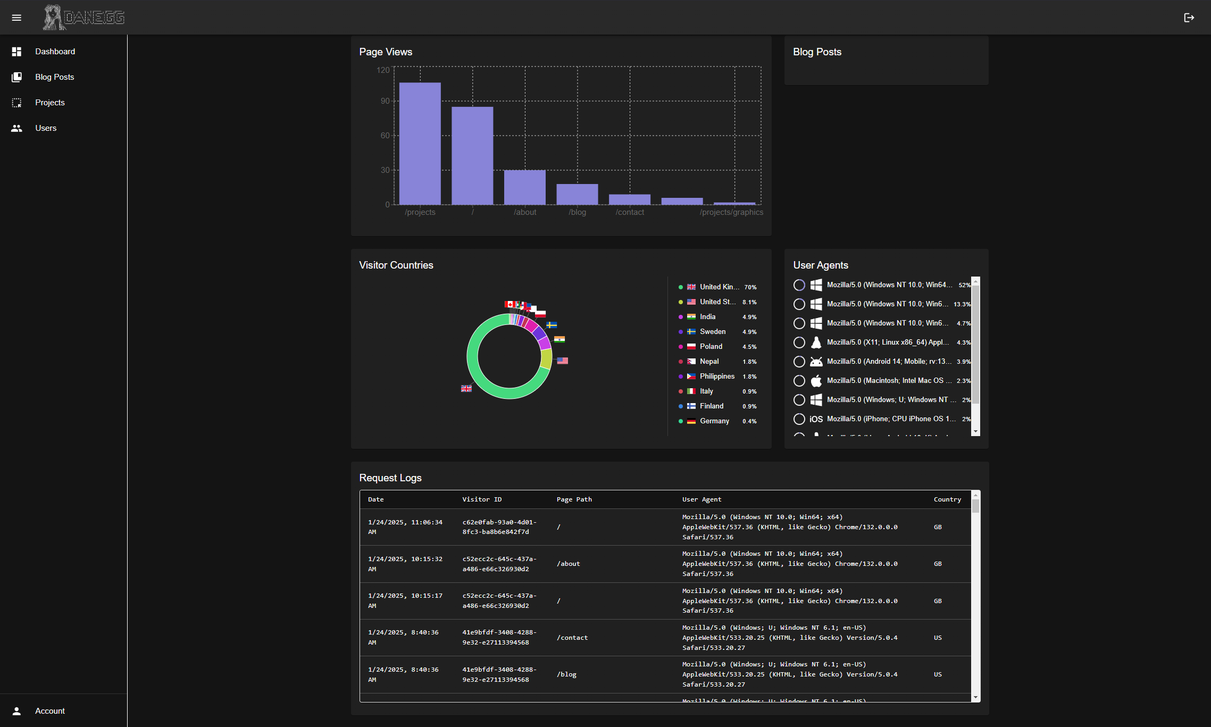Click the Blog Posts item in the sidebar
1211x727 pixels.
click(x=54, y=77)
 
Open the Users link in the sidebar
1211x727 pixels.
click(x=46, y=128)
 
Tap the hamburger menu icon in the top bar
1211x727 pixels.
click(x=16, y=18)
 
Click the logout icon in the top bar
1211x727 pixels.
click(x=1189, y=18)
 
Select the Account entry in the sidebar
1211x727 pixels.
click(x=49, y=711)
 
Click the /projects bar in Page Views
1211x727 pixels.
click(x=420, y=144)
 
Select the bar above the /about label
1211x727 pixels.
click(x=524, y=187)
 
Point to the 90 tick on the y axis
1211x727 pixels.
click(x=385, y=101)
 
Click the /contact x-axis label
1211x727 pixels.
click(x=630, y=212)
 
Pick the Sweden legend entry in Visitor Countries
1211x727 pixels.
click(x=712, y=331)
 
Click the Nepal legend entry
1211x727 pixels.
click(x=709, y=361)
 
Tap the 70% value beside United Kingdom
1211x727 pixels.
click(x=750, y=287)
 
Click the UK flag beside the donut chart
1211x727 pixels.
click(x=466, y=389)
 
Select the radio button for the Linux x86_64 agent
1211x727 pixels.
click(x=799, y=342)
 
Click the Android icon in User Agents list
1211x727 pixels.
click(x=816, y=362)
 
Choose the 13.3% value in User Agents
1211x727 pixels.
click(x=962, y=304)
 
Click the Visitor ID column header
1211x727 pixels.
click(x=482, y=499)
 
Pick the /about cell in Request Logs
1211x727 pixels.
click(x=568, y=564)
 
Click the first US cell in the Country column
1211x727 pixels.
click(x=938, y=638)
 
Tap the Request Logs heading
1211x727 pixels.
click(x=390, y=478)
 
